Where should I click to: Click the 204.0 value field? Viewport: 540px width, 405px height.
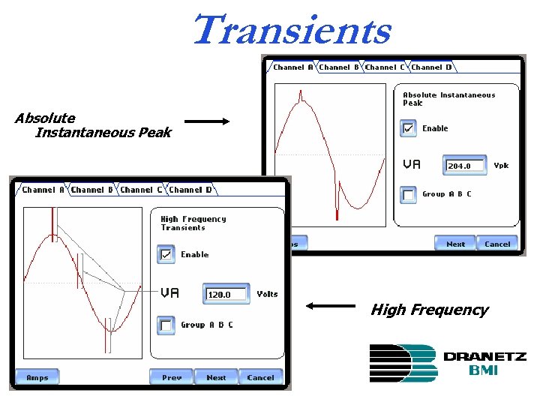point(466,166)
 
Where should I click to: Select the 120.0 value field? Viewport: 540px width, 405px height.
point(226,295)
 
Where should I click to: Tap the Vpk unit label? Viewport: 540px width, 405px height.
point(501,166)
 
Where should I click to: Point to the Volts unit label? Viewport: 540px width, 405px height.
point(267,294)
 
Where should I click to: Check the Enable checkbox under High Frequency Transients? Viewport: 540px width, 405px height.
point(166,255)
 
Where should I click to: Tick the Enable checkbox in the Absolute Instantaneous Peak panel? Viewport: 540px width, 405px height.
point(408,129)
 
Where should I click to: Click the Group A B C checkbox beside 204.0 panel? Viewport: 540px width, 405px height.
point(408,194)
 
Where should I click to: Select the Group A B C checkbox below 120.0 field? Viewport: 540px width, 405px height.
point(166,325)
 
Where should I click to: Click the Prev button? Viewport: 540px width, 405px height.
point(172,377)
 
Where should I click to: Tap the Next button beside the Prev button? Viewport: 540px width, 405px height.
point(216,377)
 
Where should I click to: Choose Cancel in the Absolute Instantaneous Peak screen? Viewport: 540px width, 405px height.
point(497,244)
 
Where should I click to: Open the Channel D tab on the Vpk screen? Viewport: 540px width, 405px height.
point(431,67)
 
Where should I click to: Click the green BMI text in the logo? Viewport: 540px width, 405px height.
point(484,370)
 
